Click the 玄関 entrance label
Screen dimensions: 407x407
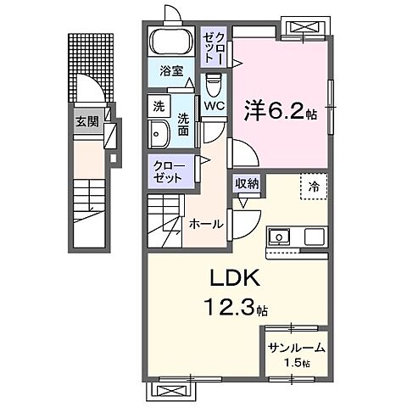[x=86, y=121]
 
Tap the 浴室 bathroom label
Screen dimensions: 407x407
[x=173, y=72]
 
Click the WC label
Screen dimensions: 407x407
[x=213, y=107]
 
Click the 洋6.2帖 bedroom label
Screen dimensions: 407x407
[x=280, y=110]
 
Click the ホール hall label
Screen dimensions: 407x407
[x=206, y=225]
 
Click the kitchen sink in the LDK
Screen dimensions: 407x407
[x=280, y=237]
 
